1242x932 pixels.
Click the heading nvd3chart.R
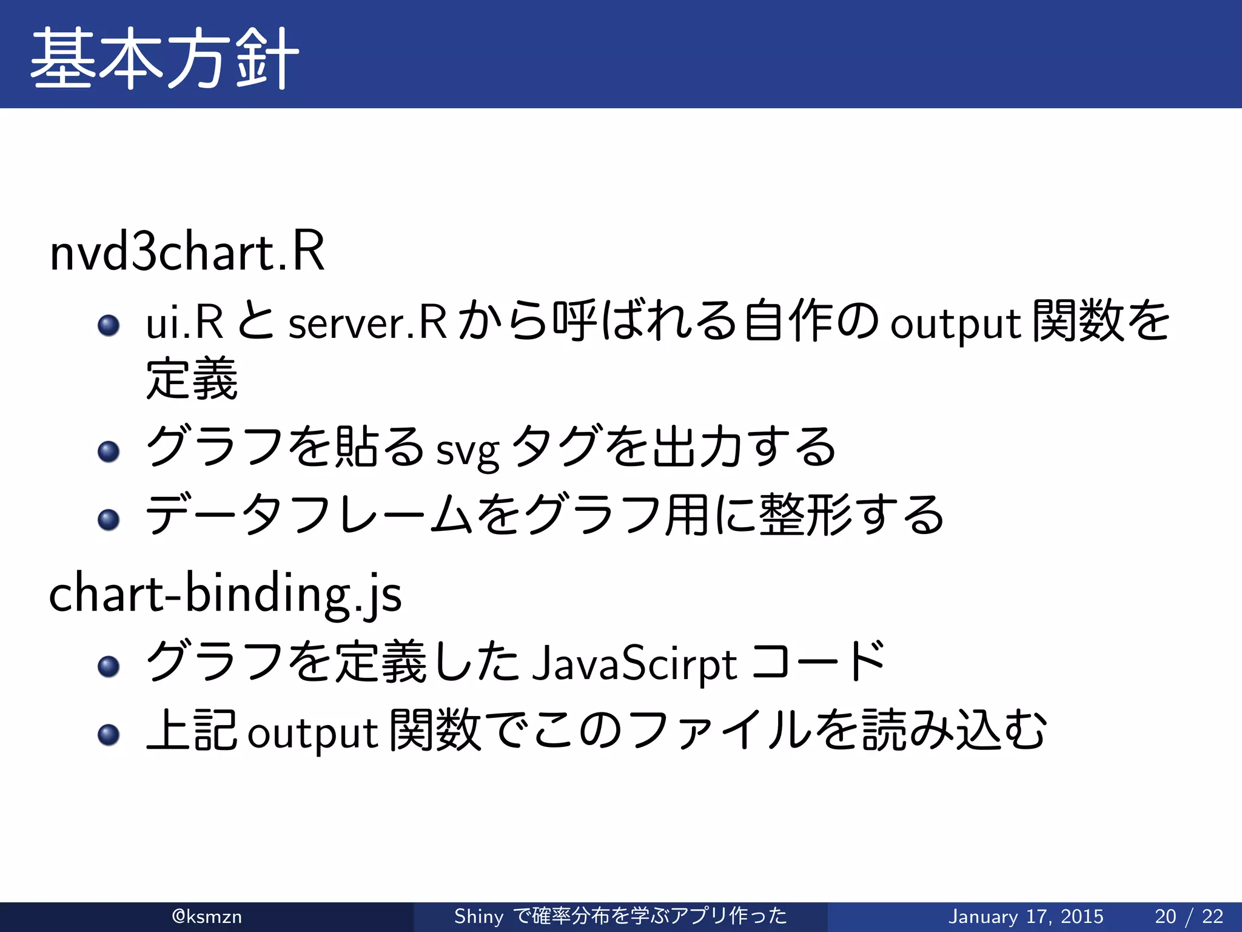click(187, 252)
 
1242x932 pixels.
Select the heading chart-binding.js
click(225, 595)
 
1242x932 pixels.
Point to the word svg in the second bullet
click(468, 451)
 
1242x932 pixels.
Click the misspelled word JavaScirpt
click(634, 664)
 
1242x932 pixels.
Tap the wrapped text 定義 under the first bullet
click(192, 379)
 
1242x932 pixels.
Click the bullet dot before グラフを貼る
click(109, 451)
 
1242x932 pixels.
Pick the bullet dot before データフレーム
click(109, 519)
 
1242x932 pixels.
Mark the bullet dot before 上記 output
click(109, 734)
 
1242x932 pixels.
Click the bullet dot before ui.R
click(109, 325)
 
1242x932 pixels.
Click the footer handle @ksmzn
click(207, 916)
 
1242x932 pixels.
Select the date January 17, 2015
click(1025, 916)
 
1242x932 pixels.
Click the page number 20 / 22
click(1189, 916)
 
